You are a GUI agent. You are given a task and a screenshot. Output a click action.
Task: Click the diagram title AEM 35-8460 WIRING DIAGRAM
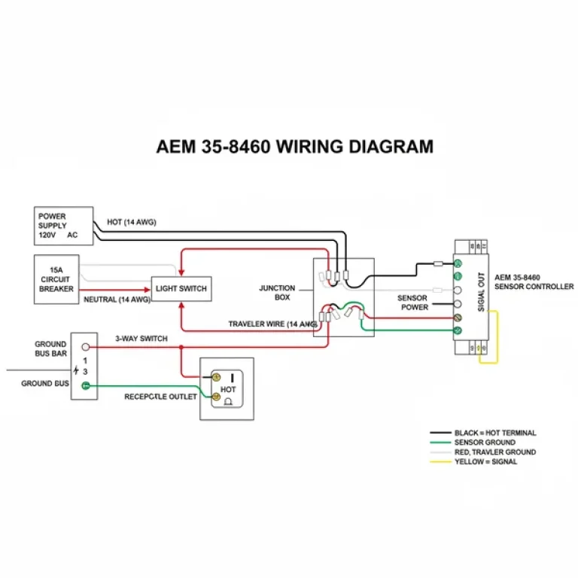pyautogui.click(x=294, y=146)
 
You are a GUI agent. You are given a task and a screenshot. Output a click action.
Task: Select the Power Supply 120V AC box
pyautogui.click(x=63, y=226)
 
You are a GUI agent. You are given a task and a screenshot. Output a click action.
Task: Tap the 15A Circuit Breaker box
pyautogui.click(x=56, y=278)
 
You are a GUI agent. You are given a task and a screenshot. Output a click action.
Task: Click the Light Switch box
pyautogui.click(x=181, y=288)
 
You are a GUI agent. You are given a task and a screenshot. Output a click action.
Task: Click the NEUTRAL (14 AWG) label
pyautogui.click(x=117, y=300)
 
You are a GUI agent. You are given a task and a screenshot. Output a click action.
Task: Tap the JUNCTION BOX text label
pyautogui.click(x=277, y=293)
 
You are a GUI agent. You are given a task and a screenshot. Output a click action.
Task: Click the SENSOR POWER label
pyautogui.click(x=412, y=303)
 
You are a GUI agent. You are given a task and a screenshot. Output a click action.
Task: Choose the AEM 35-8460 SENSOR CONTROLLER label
pyautogui.click(x=534, y=282)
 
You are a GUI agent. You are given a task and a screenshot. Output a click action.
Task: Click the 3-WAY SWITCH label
pyautogui.click(x=141, y=339)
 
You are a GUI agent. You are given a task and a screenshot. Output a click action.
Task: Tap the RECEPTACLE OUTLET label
pyautogui.click(x=160, y=397)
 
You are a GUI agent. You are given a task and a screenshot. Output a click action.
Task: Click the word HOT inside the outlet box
pyautogui.click(x=228, y=389)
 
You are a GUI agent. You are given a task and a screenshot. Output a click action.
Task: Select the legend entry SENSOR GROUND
pyautogui.click(x=485, y=443)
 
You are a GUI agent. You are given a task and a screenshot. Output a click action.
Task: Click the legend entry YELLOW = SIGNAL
pyautogui.click(x=486, y=461)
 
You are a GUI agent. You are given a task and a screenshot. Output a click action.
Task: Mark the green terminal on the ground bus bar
pyautogui.click(x=86, y=386)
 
